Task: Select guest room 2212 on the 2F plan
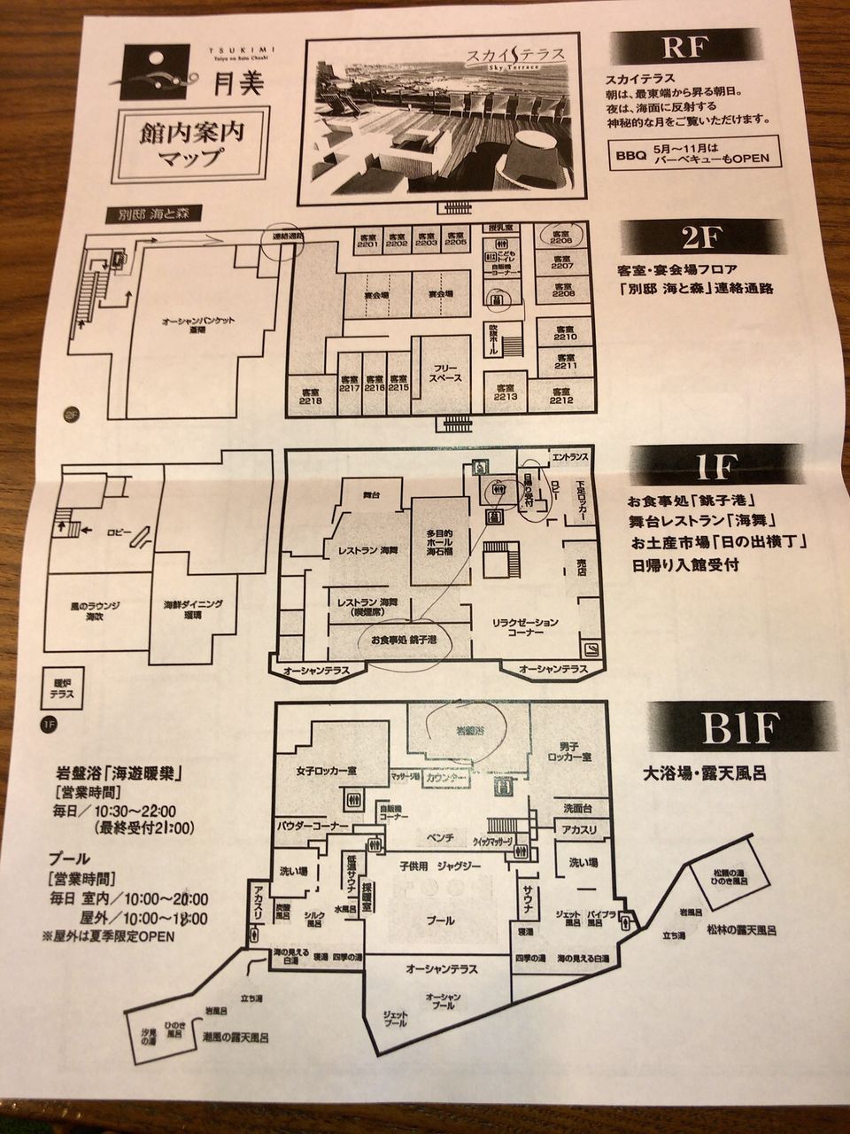pos(560,395)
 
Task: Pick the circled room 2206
pos(562,235)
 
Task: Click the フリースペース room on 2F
pos(439,372)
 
